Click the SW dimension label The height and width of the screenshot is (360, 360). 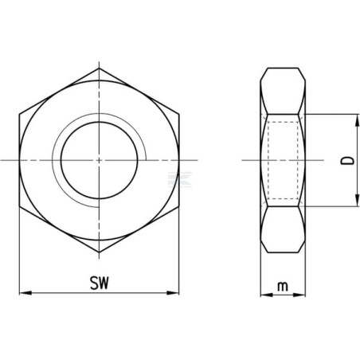pos(100,283)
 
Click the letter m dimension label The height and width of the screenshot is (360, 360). pos(283,287)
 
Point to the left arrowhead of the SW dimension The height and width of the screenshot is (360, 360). pos(25,293)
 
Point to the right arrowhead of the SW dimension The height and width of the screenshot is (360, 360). pos(173,293)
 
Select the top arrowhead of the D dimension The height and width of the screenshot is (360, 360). pos(357,120)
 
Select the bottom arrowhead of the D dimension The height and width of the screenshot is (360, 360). pos(357,200)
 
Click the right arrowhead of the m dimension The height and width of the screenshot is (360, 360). pos(299,295)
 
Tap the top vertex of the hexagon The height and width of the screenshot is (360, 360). pos(99,68)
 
